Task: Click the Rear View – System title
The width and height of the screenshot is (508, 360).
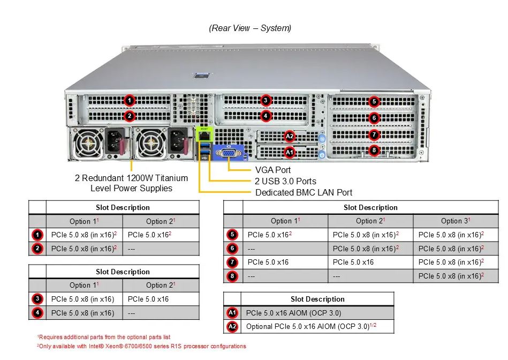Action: [x=250, y=28]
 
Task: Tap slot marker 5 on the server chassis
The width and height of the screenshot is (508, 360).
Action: [x=374, y=101]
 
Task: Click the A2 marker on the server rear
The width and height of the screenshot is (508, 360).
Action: [x=289, y=136]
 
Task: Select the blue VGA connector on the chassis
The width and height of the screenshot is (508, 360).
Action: [x=229, y=153]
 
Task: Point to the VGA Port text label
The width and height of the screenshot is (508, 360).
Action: [x=273, y=170]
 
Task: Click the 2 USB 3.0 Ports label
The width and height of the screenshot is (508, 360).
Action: [x=285, y=181]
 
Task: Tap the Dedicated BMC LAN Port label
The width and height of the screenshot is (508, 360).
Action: [x=304, y=193]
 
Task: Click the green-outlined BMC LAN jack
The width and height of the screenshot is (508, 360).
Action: [x=204, y=134]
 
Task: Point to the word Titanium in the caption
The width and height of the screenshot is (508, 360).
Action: [x=171, y=178]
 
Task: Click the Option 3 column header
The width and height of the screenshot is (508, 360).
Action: [x=456, y=221]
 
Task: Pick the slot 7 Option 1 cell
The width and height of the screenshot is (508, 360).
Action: [x=285, y=262]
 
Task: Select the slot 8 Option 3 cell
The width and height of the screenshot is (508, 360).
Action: [x=456, y=276]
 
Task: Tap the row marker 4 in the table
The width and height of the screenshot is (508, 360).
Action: [x=37, y=313]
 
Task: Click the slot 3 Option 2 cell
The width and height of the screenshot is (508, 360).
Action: [x=161, y=299]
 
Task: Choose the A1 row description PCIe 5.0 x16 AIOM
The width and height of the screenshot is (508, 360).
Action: [x=293, y=313]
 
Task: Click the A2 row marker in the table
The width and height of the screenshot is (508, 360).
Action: [x=232, y=326]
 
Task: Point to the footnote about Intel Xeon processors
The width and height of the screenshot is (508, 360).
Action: [x=141, y=347]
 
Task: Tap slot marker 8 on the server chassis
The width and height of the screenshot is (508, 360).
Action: [x=374, y=150]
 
